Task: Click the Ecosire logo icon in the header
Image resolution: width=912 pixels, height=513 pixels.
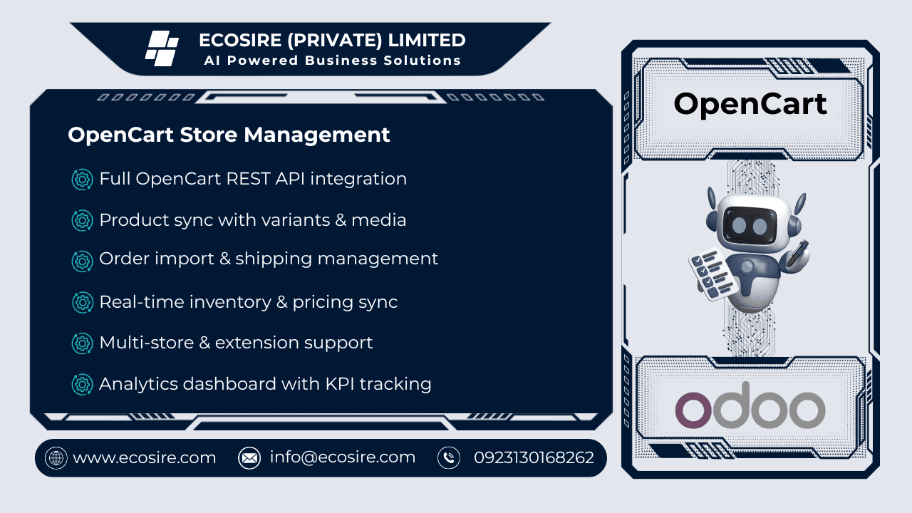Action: (x=162, y=48)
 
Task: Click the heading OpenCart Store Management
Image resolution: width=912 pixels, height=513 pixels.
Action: (x=229, y=135)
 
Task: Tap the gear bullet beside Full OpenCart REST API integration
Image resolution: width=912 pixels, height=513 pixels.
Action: (x=83, y=180)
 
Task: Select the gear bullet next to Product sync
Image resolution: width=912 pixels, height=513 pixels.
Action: (x=83, y=221)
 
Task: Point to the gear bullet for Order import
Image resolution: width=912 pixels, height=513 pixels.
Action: (x=83, y=261)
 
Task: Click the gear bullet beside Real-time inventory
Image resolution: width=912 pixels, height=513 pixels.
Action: (x=83, y=303)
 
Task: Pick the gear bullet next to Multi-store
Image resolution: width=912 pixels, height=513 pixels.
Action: (x=83, y=343)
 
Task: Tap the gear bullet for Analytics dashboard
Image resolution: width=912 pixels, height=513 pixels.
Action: (x=83, y=385)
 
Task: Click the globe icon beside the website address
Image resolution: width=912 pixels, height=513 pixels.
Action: (x=56, y=457)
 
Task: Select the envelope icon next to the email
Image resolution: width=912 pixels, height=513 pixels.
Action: (x=249, y=457)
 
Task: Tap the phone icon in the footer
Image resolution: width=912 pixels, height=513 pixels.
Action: (x=449, y=457)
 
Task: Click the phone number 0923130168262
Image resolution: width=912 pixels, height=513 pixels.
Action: (x=534, y=457)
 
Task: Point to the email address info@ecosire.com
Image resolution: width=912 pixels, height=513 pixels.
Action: (x=342, y=457)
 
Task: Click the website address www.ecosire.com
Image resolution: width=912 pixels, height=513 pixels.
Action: (x=144, y=457)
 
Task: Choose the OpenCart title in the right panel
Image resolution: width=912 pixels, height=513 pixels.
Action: (x=750, y=104)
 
